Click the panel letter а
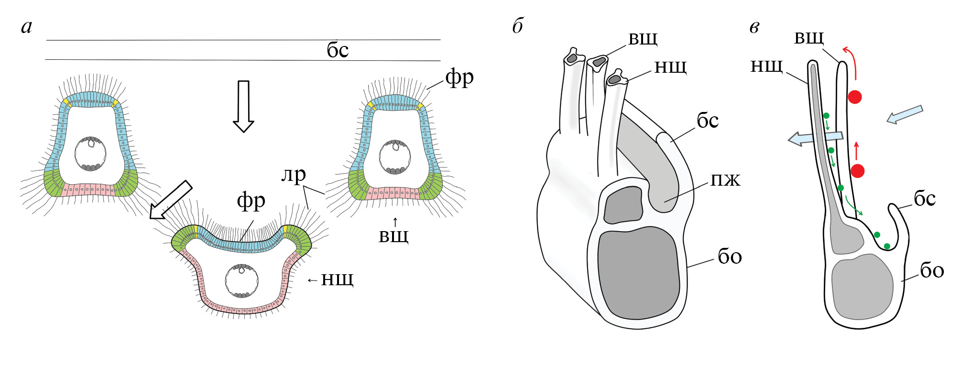pyautogui.click(x=27, y=27)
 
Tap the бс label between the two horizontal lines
pyautogui.click(x=338, y=50)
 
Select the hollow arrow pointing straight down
pyautogui.click(x=243, y=106)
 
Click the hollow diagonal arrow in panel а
pyautogui.click(x=170, y=200)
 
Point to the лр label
pyautogui.click(x=293, y=175)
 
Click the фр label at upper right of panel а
pyautogui.click(x=459, y=77)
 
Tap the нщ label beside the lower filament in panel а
pyautogui.click(x=337, y=279)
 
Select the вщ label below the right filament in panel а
pyautogui.click(x=393, y=235)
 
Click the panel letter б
pyautogui.click(x=517, y=26)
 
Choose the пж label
pyautogui.click(x=725, y=180)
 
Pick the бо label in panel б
pyautogui.click(x=730, y=257)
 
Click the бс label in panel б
pyautogui.click(x=708, y=121)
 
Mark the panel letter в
pyautogui.click(x=754, y=27)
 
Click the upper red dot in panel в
pyautogui.click(x=855, y=97)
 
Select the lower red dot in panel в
pyautogui.click(x=858, y=171)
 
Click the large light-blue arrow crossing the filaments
pyautogui.click(x=815, y=138)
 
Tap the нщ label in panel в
pyautogui.click(x=766, y=66)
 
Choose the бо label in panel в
pyautogui.click(x=932, y=271)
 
